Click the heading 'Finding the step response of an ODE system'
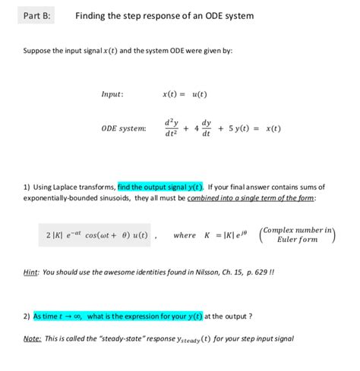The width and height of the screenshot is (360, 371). coord(164,16)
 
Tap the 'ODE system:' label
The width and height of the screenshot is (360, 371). coord(124,129)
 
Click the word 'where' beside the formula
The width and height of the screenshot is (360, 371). coord(185,235)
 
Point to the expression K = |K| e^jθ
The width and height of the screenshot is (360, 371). coord(228,235)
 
